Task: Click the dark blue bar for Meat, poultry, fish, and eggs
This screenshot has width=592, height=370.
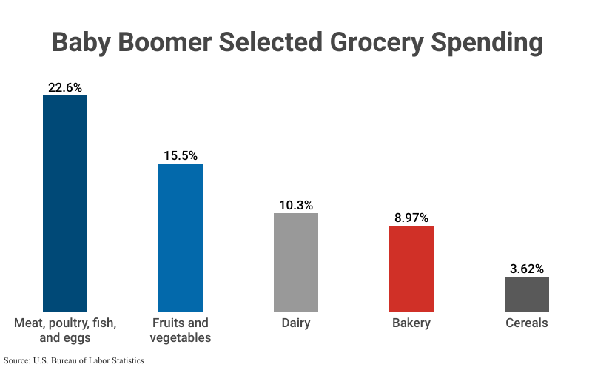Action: click(65, 203)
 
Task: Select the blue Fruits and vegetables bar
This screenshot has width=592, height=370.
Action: click(181, 237)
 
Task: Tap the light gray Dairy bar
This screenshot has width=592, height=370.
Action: click(296, 262)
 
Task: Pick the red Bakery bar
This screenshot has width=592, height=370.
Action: click(411, 268)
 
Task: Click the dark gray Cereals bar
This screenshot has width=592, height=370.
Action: click(527, 294)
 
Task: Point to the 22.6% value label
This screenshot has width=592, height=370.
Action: click(65, 87)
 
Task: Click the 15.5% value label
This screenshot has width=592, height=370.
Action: click(181, 155)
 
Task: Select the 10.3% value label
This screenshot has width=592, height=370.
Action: click(296, 205)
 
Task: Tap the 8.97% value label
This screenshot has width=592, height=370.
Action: click(411, 218)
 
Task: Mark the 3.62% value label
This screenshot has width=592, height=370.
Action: click(527, 269)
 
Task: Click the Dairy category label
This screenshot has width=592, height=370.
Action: click(296, 323)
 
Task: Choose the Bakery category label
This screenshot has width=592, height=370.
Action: click(411, 323)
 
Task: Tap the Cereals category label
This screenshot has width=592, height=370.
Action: click(527, 323)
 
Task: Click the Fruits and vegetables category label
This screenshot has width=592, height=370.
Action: click(181, 330)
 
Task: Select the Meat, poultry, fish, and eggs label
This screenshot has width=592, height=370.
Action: click(65, 330)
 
